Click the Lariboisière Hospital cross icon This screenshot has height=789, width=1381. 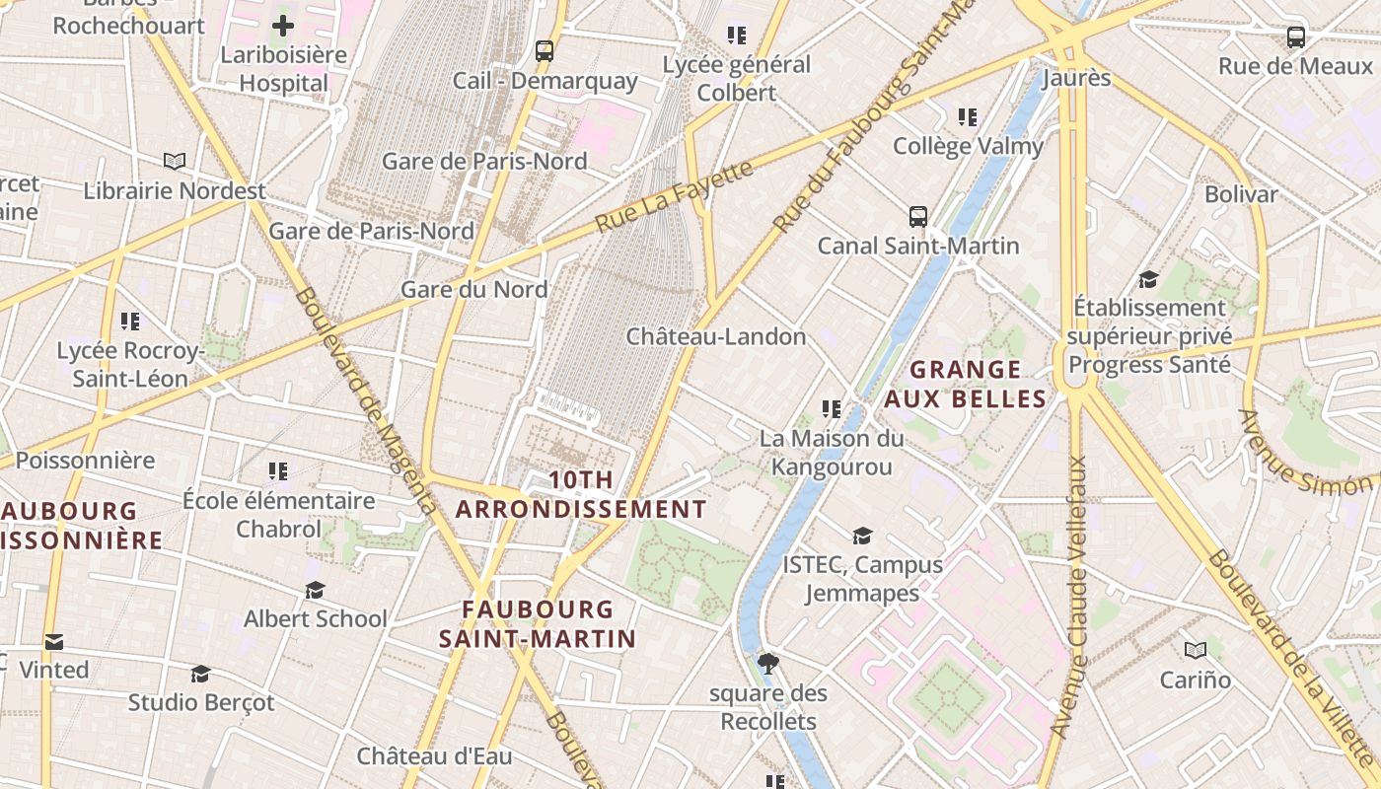coord(283,26)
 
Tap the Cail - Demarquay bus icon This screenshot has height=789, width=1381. coord(544,51)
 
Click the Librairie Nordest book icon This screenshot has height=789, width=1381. coord(175,161)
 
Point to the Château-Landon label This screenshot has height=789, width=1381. coord(716,337)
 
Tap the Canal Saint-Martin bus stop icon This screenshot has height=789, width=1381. coord(917,216)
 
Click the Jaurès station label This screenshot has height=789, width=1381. coord(1075,78)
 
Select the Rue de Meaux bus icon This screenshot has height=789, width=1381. coord(1295,37)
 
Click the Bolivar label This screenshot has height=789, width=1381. coord(1241,194)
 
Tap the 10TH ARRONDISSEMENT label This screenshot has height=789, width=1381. coord(581,495)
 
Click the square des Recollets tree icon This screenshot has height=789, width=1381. coord(768,663)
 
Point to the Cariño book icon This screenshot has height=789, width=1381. coord(1196,650)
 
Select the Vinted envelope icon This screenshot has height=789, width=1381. coord(54,642)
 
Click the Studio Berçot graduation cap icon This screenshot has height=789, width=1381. coord(201,674)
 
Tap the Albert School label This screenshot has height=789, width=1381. coord(316,619)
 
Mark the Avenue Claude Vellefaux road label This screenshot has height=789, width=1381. coord(1071,597)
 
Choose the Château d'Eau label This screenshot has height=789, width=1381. coord(434,756)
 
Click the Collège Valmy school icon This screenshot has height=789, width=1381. coord(968,117)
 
